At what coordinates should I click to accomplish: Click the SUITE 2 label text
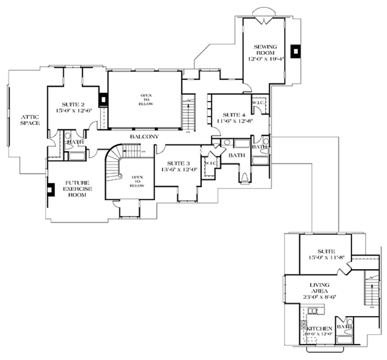click(x=74, y=104)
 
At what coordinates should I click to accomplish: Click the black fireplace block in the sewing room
click(x=295, y=51)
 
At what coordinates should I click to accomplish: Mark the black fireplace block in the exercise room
click(x=50, y=191)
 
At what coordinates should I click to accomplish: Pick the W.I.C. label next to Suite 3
click(x=210, y=163)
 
